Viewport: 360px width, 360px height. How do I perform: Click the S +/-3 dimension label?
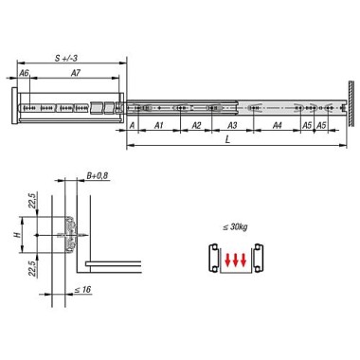(x=66, y=58)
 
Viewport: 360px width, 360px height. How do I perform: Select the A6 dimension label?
(x=24, y=73)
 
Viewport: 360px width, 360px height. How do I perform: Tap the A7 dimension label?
(x=76, y=73)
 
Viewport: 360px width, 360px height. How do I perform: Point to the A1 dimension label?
(x=159, y=125)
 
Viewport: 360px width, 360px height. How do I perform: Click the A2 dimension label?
(x=196, y=125)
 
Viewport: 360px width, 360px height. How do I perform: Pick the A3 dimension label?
(x=232, y=125)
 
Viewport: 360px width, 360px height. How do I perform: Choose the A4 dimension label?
(x=277, y=125)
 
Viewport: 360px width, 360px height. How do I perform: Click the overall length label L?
(x=227, y=140)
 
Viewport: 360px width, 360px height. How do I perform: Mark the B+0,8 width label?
(x=98, y=175)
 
